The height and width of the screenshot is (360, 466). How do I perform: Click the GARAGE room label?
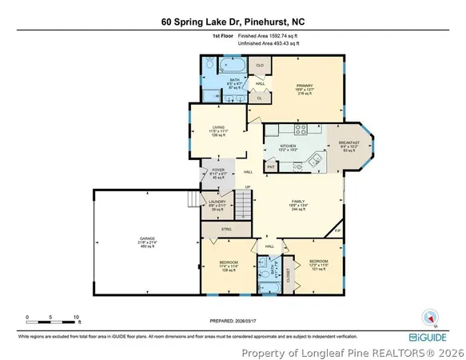147,239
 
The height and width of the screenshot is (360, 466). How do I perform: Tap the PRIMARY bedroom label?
305,87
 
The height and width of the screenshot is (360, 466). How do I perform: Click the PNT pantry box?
271,166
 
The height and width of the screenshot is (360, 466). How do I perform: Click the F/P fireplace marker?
337,230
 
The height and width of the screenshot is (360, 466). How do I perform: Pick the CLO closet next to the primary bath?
260,65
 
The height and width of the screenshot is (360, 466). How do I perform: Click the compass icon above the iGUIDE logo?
432,318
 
